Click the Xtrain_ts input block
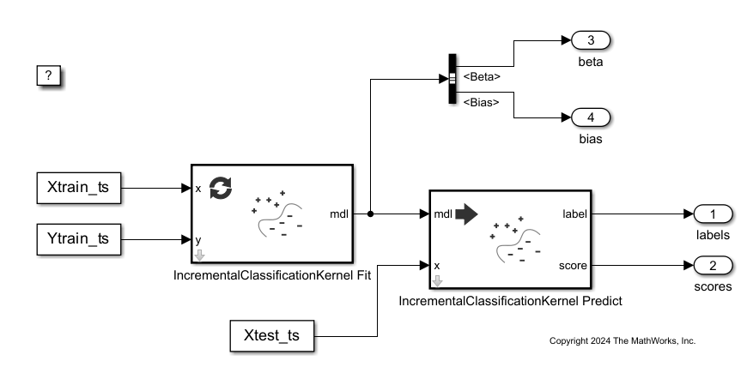tap(79, 188)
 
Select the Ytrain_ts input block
tap(79, 239)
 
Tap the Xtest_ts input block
tap(271, 334)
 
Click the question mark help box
tap(49, 75)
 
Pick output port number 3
tap(591, 40)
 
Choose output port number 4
tap(591, 117)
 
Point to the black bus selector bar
tap(452, 80)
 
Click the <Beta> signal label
tap(482, 77)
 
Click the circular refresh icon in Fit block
tap(221, 187)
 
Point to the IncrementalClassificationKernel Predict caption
tap(510, 301)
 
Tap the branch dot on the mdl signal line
tap(370, 214)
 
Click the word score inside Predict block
tap(573, 265)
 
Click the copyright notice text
tap(622, 341)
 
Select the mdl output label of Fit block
tap(338, 214)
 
